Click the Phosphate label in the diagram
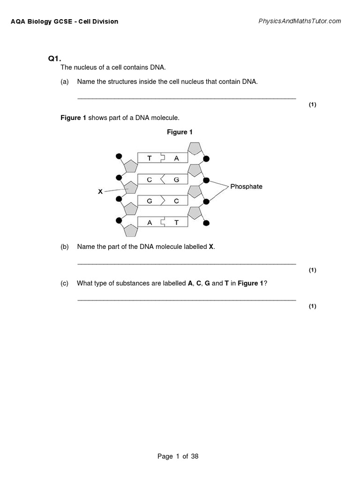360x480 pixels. click(x=246, y=187)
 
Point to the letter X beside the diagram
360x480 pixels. click(x=100, y=192)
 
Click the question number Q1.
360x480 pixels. click(x=55, y=59)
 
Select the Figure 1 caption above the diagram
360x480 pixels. click(x=180, y=132)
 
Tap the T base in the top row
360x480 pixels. click(x=150, y=158)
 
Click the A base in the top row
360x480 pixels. click(x=177, y=158)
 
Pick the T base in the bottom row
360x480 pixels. click(x=177, y=223)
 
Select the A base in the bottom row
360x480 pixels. click(x=150, y=223)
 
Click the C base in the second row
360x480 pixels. click(x=150, y=180)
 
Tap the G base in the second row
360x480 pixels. click(x=177, y=180)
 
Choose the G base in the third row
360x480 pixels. click(x=150, y=202)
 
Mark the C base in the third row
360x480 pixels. click(x=177, y=202)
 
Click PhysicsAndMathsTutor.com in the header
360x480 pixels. click(x=300, y=21)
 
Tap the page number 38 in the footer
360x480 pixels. click(x=195, y=456)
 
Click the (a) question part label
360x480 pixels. click(x=65, y=82)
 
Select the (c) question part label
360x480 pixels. click(x=65, y=283)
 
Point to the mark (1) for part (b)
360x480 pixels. click(x=312, y=270)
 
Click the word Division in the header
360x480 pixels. click(x=105, y=22)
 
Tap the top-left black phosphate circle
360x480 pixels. click(x=119, y=156)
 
